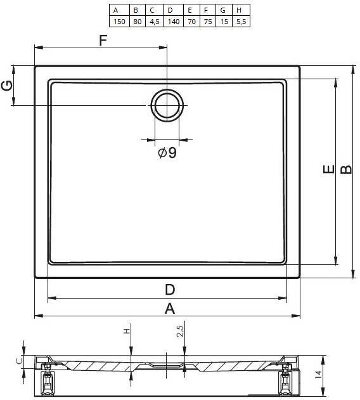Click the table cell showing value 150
click(x=119, y=22)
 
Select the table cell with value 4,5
click(x=154, y=22)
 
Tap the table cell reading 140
click(x=173, y=22)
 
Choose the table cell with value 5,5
click(x=241, y=22)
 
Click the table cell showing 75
click(x=208, y=22)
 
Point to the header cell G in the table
click(x=224, y=10)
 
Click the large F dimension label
click(x=103, y=41)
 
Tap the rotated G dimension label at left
click(x=7, y=86)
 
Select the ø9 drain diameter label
click(x=167, y=153)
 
